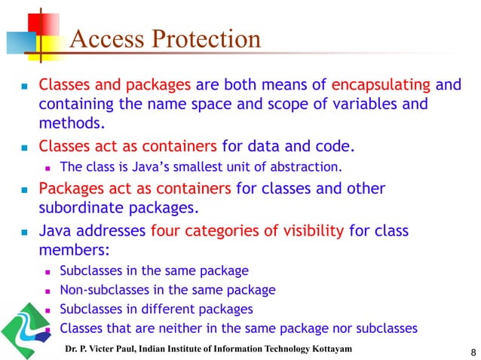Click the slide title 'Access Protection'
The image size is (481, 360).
165,39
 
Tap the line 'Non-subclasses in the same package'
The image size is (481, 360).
167,289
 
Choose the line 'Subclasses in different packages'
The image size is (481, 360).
156,309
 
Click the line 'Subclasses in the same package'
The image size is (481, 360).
154,270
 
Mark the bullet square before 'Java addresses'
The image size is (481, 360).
23,232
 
